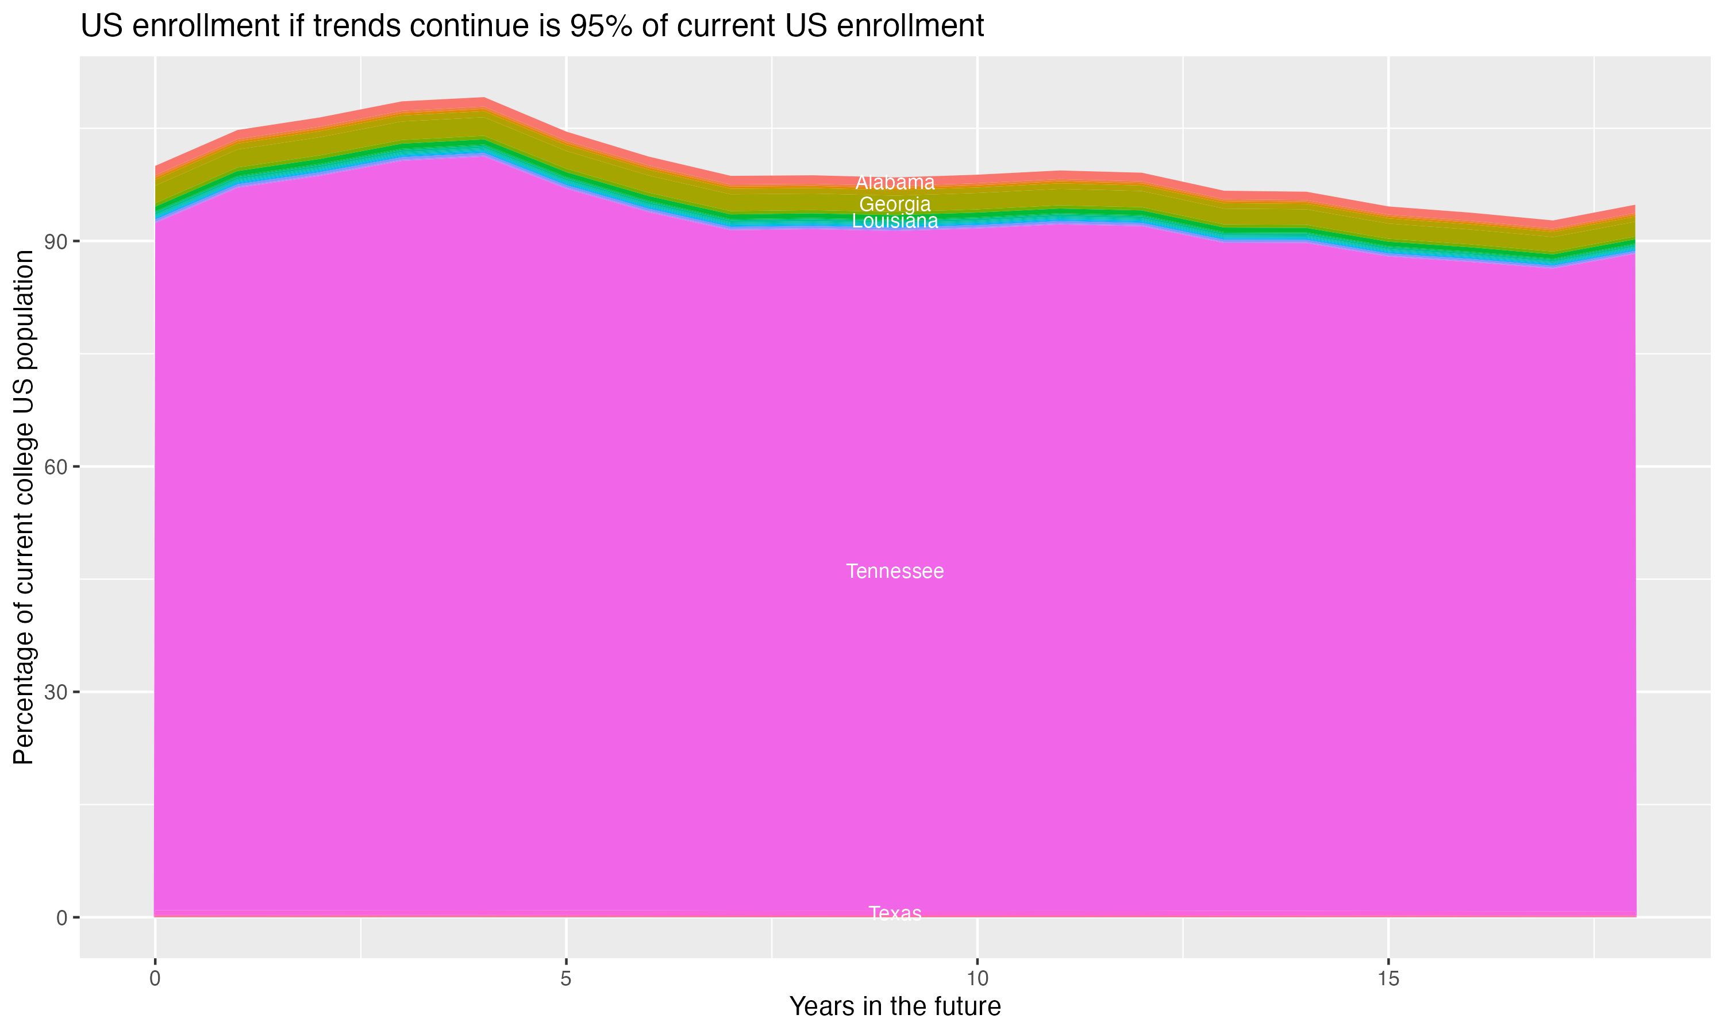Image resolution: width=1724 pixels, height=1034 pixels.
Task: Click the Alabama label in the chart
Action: [x=895, y=183]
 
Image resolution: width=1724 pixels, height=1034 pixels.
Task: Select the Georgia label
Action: [x=895, y=204]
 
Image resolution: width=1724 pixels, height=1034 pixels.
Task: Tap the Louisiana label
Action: [x=895, y=221]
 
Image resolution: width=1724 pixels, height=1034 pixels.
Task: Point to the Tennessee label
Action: [x=895, y=572]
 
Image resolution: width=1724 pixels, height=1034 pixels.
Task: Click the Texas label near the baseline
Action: [x=895, y=913]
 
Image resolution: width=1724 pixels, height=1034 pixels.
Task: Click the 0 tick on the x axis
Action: [x=155, y=979]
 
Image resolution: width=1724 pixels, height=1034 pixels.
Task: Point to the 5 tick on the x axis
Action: [x=566, y=979]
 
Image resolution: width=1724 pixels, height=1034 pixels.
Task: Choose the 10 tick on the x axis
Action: [x=977, y=979]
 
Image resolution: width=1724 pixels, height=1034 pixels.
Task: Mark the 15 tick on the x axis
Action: [x=1388, y=979]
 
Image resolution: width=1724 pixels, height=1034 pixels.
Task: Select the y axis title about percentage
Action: [x=24, y=507]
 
